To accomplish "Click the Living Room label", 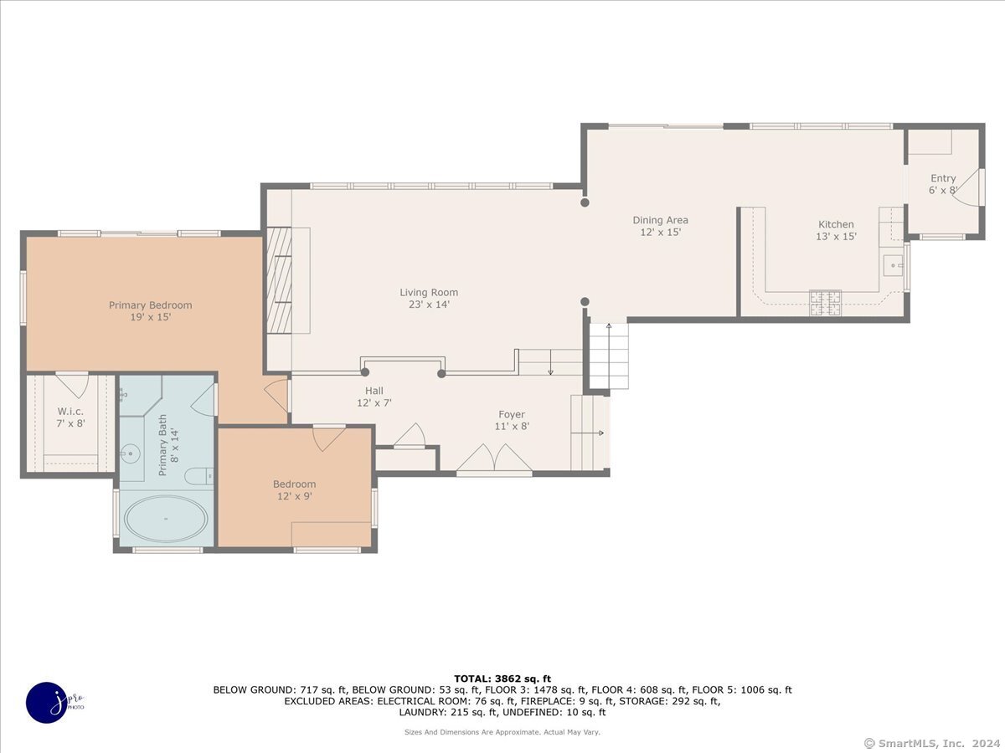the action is [429, 293].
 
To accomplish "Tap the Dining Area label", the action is [660, 220].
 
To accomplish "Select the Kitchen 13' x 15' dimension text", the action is [836, 237].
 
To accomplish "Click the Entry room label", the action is [943, 179].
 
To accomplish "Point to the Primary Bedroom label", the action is [150, 305].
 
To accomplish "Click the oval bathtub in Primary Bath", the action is [166, 519].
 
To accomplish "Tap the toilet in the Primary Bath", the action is [198, 476].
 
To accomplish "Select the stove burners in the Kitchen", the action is [826, 303].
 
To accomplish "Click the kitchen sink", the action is [893, 265].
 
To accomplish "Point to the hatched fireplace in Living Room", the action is [279, 280].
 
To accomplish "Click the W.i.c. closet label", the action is [70, 412].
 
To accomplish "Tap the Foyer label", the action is [512, 415].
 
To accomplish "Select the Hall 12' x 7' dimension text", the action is [374, 402].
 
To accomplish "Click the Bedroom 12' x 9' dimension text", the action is [295, 496].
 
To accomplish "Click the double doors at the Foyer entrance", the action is [494, 458].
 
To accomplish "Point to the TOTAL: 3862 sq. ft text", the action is [502, 679].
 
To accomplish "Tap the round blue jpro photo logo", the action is [47, 703].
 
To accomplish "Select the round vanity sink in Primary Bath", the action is [130, 453].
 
